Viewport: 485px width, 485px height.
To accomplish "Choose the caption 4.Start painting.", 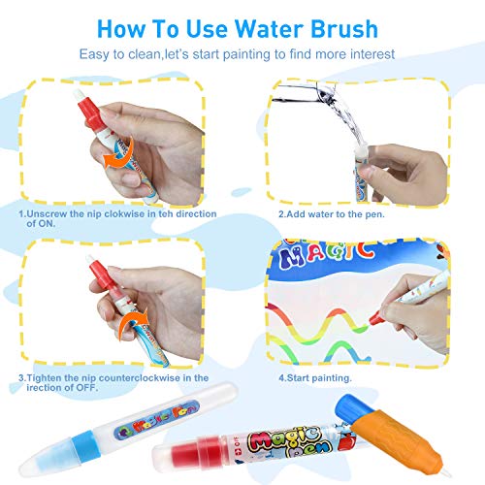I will coord(316,376).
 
